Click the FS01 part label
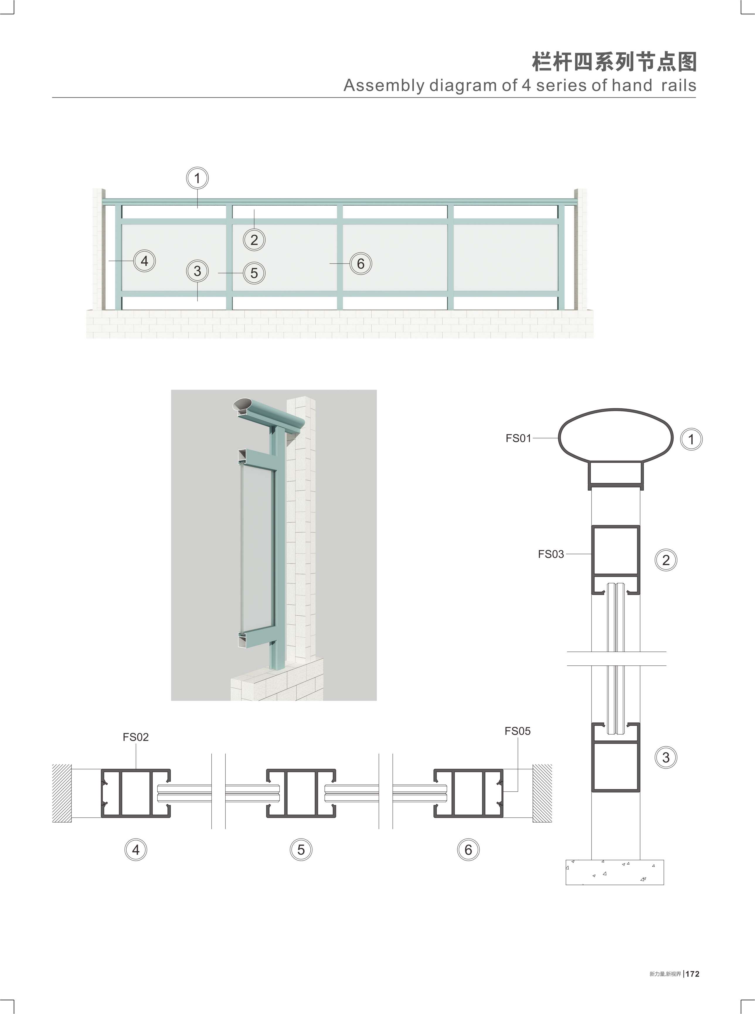(x=518, y=438)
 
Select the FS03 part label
(x=551, y=554)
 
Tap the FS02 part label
(x=136, y=737)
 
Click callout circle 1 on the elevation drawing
(x=198, y=178)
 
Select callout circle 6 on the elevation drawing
(x=361, y=264)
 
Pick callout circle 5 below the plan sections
(x=301, y=850)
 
